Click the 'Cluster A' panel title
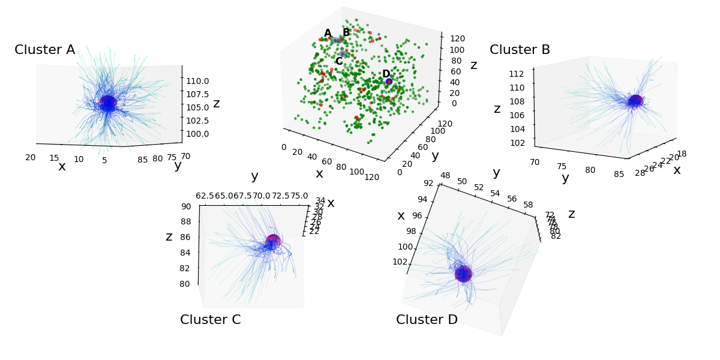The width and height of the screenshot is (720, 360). click(45, 50)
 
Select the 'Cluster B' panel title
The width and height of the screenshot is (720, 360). click(520, 50)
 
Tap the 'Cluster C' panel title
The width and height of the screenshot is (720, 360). click(210, 320)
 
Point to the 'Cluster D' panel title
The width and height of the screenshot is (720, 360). click(427, 320)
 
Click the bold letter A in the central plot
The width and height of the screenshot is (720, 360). click(328, 34)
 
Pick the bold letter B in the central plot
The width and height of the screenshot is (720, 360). click(346, 32)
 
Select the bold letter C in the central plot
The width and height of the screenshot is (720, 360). click(338, 61)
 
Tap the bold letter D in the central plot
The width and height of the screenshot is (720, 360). click(386, 74)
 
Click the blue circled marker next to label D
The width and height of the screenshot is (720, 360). click(389, 81)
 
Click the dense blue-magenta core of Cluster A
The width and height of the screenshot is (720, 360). click(108, 103)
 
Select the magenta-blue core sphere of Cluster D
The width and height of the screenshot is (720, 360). click(463, 274)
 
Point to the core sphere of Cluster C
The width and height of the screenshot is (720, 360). click(273, 241)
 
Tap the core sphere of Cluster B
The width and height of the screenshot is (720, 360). click(635, 101)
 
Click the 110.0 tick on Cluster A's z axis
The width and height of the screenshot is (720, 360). click(197, 81)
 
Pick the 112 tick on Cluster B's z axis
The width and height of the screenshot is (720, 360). click(517, 74)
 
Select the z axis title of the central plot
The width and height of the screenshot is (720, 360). click(474, 65)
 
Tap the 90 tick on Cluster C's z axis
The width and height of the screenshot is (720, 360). click(185, 206)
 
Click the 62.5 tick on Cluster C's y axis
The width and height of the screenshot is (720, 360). click(205, 196)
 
